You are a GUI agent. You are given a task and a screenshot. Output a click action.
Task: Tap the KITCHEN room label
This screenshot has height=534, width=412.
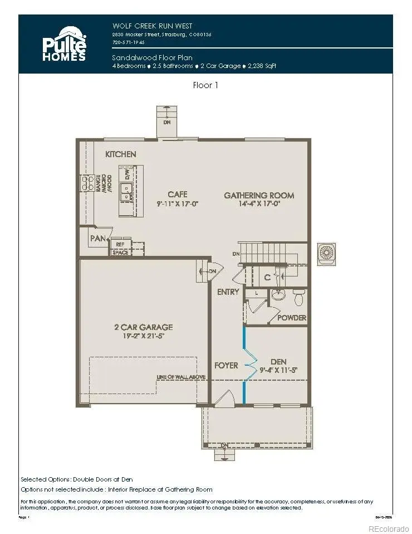click(x=121, y=154)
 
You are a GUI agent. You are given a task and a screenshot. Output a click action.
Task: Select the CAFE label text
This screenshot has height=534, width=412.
click(x=177, y=195)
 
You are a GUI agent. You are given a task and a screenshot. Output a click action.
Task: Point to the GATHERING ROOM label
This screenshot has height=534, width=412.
click(x=259, y=195)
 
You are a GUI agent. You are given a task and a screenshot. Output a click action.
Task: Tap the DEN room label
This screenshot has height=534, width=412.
click(x=278, y=361)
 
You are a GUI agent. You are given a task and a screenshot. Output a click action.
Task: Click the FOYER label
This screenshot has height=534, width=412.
click(x=226, y=366)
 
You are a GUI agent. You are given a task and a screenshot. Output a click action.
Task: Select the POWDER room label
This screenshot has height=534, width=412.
click(x=292, y=318)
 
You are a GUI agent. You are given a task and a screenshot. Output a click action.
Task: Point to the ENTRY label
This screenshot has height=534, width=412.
click(x=228, y=292)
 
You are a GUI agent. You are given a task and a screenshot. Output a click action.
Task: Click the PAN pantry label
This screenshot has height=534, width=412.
click(x=97, y=239)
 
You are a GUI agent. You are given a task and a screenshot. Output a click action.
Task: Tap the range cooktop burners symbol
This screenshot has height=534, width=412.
click(x=87, y=183)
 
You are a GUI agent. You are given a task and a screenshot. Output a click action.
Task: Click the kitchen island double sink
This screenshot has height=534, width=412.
click(x=127, y=192)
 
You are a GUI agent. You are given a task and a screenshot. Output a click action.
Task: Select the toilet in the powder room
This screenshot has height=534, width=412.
click(x=298, y=298)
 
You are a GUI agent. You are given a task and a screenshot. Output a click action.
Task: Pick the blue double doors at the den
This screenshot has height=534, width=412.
click(x=246, y=365)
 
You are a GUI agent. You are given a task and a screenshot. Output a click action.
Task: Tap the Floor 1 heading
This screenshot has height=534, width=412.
click(x=205, y=85)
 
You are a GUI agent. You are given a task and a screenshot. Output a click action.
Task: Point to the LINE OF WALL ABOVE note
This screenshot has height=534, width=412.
click(x=181, y=377)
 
